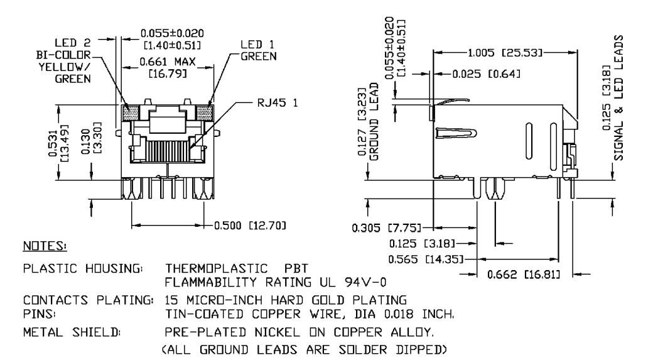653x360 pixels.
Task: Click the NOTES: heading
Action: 45,246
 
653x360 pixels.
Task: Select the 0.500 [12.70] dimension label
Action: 250,226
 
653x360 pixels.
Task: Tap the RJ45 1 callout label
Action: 278,102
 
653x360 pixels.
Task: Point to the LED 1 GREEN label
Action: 258,50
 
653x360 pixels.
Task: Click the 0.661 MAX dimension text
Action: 168,62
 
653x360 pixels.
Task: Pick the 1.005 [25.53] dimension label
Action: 505,53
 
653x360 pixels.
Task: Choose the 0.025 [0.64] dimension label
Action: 486,74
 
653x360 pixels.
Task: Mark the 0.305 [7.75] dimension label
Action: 387,228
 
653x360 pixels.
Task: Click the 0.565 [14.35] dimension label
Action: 426,259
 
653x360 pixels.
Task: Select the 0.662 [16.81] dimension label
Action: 524,275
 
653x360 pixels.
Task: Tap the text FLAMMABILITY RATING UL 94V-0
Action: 275,283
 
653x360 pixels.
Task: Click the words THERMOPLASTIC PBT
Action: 237,268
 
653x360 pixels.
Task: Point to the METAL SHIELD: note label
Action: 72,332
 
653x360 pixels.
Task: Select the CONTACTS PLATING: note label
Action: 89,300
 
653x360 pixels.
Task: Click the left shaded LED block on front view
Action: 131,113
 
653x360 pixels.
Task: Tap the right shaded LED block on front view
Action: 205,113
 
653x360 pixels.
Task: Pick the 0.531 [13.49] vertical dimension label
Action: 58,143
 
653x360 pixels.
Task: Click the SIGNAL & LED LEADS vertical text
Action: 619,98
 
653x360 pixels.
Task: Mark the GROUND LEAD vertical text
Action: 374,122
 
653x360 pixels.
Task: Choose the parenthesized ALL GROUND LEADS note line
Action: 304,349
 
